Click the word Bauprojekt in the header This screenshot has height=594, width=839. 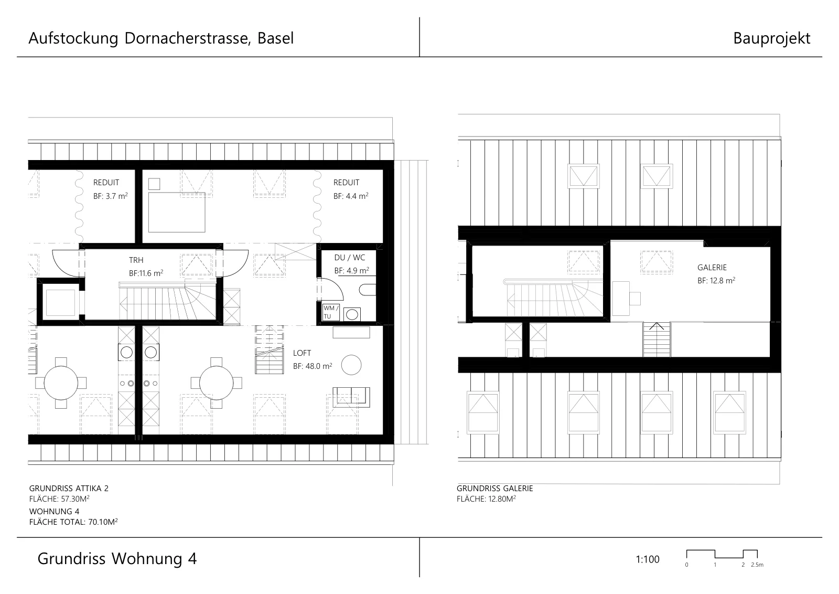tap(771, 39)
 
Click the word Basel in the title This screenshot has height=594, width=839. tap(275, 38)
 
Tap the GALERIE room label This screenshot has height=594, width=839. tap(712, 268)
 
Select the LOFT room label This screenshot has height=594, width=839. tap(302, 353)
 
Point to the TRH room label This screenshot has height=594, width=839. tap(136, 260)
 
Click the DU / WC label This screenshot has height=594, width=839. tap(349, 258)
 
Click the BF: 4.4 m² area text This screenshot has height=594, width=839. tap(351, 196)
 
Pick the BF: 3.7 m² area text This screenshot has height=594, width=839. tap(111, 196)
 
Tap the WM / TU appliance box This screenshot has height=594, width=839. tap(331, 313)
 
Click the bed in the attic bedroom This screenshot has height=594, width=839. tap(177, 212)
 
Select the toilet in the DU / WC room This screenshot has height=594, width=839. tap(368, 290)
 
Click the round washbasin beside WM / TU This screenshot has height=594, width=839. tap(352, 315)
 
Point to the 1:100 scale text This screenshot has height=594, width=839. tap(647, 559)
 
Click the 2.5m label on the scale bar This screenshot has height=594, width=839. tap(757, 565)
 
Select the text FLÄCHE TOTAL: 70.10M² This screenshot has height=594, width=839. tap(73, 522)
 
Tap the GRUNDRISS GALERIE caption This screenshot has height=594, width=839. tap(494, 489)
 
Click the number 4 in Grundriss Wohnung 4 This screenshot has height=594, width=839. tap(192, 559)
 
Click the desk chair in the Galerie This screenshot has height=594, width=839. tap(635, 299)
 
